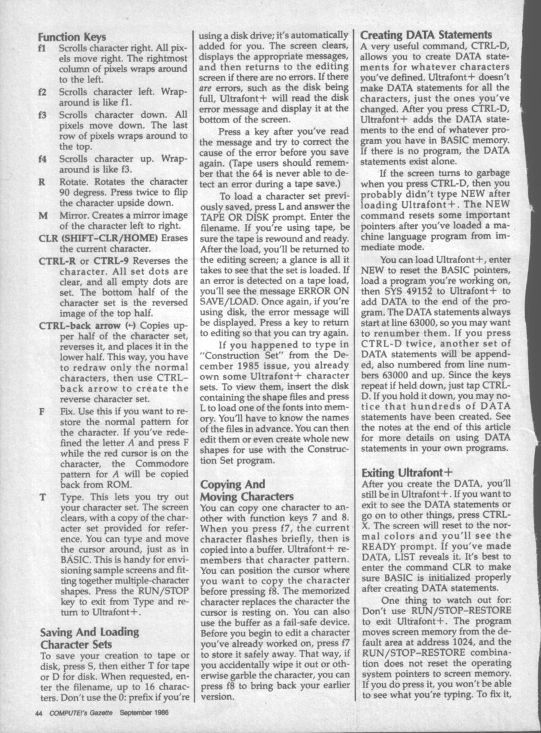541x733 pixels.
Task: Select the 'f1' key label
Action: pyautogui.click(x=43, y=50)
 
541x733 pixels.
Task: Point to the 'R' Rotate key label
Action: pyautogui.click(x=43, y=181)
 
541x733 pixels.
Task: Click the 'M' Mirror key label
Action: pyautogui.click(x=43, y=215)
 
